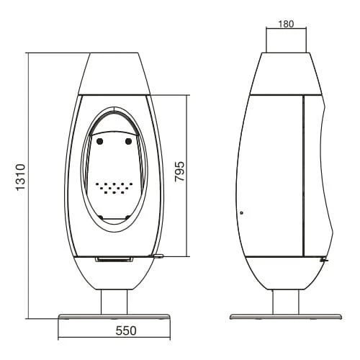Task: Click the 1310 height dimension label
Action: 21,177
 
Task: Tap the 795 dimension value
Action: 180,171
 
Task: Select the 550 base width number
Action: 126,330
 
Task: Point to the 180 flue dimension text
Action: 286,24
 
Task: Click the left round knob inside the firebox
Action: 99,142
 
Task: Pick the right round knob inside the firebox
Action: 129,142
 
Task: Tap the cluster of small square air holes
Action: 114,188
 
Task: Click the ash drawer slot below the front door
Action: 114,259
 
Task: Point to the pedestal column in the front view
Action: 114,302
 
